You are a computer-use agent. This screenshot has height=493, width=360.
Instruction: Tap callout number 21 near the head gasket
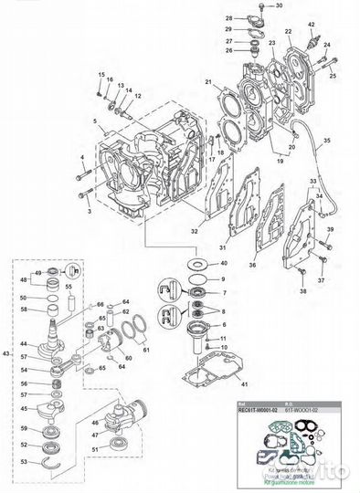pos(208,84)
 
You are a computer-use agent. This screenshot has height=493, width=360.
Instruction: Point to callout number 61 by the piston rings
pos(147,349)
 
